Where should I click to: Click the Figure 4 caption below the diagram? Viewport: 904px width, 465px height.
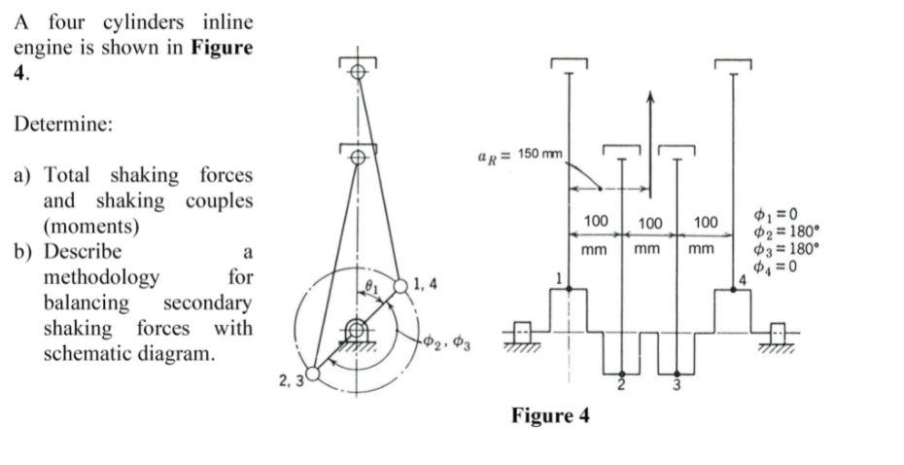[550, 416]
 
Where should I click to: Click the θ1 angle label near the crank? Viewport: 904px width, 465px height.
[369, 285]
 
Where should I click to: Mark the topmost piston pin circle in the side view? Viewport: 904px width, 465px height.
[358, 72]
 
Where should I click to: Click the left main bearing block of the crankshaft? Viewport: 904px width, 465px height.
[522, 332]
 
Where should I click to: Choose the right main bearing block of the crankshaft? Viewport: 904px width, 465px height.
[778, 332]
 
